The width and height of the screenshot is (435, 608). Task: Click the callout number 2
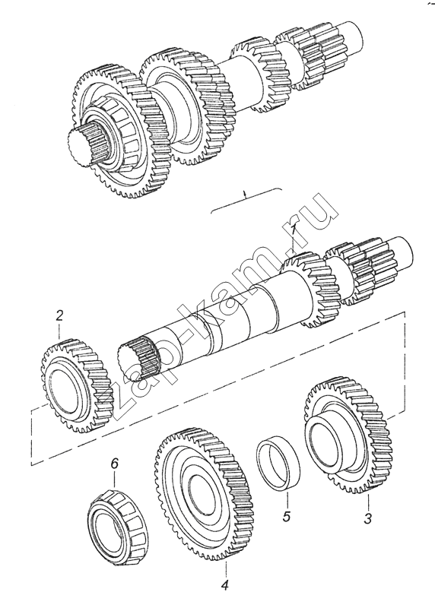coord(59,315)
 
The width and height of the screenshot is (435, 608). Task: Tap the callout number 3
coord(367,518)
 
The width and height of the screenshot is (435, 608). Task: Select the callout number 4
coord(225,584)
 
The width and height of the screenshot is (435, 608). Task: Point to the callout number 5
coord(287,517)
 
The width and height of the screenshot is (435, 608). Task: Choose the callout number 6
coord(114,464)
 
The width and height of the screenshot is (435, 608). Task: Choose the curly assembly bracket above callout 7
coord(246,199)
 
